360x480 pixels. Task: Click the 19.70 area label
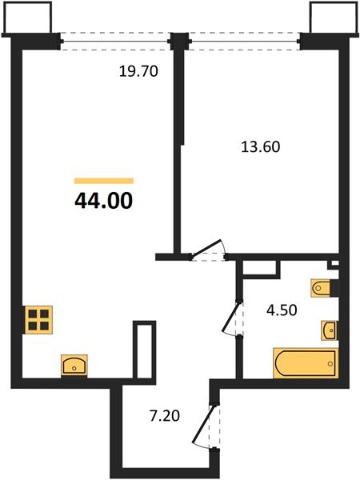click(x=139, y=71)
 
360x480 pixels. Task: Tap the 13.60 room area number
click(x=261, y=147)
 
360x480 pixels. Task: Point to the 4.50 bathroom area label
click(x=281, y=310)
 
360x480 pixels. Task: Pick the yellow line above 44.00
click(x=103, y=182)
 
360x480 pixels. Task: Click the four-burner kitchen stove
click(x=37, y=320)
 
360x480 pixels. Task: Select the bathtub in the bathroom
click(x=305, y=363)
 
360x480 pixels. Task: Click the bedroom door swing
click(x=210, y=250)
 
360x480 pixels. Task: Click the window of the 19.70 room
click(x=116, y=38)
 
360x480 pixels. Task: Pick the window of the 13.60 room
click(x=244, y=38)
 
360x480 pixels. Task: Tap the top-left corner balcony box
click(x=28, y=18)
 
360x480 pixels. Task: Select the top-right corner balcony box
click(x=330, y=18)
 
